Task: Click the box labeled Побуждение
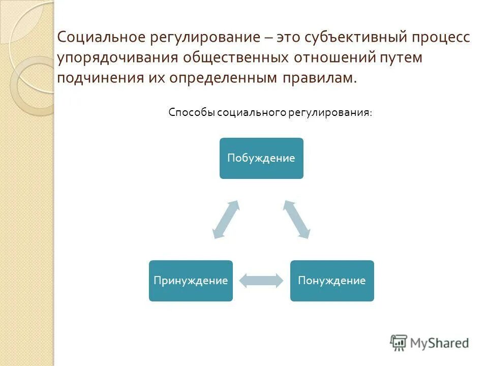(x=261, y=158)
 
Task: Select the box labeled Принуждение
(x=191, y=281)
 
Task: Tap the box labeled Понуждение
(x=332, y=281)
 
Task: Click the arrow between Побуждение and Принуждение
(x=226, y=219)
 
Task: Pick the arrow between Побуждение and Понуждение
(x=296, y=219)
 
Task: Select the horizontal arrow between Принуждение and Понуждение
(x=261, y=281)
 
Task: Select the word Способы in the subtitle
(x=191, y=112)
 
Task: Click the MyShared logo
(x=430, y=343)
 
